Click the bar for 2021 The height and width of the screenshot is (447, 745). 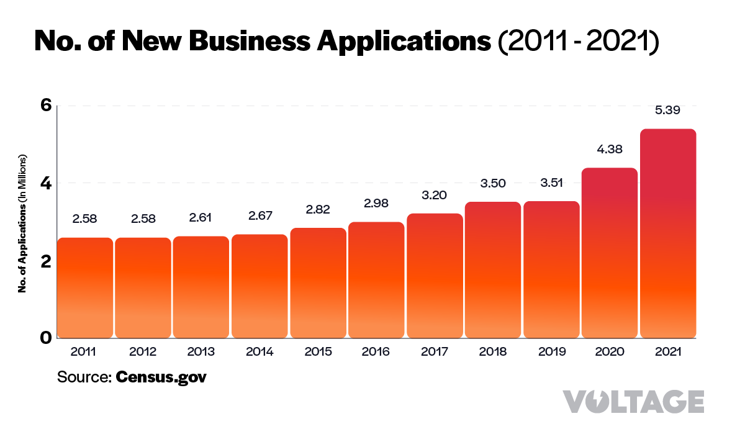point(667,233)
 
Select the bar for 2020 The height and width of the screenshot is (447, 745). point(610,253)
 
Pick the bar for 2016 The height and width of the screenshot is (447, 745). point(376,280)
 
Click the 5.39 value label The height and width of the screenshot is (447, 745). point(667,111)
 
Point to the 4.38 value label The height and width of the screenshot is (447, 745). point(609,149)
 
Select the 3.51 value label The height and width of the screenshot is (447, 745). point(551,183)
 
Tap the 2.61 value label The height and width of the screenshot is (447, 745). point(201,219)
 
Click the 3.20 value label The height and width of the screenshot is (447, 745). point(435,195)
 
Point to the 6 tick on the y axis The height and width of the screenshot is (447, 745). point(45,105)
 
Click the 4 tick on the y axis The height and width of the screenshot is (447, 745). point(45,183)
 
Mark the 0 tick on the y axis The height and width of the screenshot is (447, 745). point(45,338)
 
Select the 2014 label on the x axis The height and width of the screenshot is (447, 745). point(260,352)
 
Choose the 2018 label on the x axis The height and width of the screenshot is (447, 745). point(493,352)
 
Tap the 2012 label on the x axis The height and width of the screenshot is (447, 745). point(143,352)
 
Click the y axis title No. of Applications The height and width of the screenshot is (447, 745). point(22,222)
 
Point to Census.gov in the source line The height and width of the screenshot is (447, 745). point(161,377)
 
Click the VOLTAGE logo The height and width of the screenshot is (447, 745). point(633,402)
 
